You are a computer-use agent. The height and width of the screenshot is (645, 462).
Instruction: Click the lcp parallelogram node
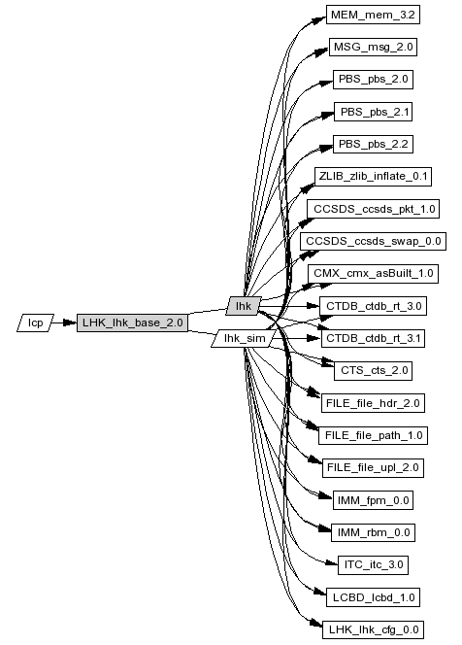(35, 322)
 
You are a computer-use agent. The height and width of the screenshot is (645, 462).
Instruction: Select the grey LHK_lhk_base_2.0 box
(132, 322)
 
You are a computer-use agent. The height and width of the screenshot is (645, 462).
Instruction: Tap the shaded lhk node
(244, 306)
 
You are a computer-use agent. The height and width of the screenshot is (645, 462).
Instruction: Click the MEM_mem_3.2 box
(373, 15)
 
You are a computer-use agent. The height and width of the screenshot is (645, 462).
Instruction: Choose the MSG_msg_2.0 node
(373, 47)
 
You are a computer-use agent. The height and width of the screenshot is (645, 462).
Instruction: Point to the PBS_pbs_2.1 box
(373, 112)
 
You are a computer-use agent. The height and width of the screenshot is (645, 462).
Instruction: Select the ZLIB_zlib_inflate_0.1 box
(373, 177)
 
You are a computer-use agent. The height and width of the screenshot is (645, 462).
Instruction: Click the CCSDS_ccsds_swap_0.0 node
(373, 241)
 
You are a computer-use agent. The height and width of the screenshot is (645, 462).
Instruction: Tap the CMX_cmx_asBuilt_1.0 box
(373, 274)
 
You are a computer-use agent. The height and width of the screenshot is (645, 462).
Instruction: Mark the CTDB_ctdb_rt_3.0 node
(373, 306)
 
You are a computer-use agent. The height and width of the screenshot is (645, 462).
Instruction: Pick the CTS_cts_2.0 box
(373, 371)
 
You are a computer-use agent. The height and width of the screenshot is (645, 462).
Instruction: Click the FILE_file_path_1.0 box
(373, 435)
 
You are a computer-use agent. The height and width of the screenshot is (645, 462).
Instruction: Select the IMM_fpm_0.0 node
(373, 500)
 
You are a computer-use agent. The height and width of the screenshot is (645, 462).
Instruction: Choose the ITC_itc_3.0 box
(373, 564)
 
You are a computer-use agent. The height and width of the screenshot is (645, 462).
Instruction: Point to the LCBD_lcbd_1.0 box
(373, 597)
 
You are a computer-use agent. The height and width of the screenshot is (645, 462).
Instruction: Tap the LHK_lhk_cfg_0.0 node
(373, 629)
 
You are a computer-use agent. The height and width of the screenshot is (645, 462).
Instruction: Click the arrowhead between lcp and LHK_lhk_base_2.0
(70, 322)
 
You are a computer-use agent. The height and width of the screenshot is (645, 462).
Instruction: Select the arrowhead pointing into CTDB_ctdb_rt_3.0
(313, 306)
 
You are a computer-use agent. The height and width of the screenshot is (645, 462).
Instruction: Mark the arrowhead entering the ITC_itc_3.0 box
(332, 562)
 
